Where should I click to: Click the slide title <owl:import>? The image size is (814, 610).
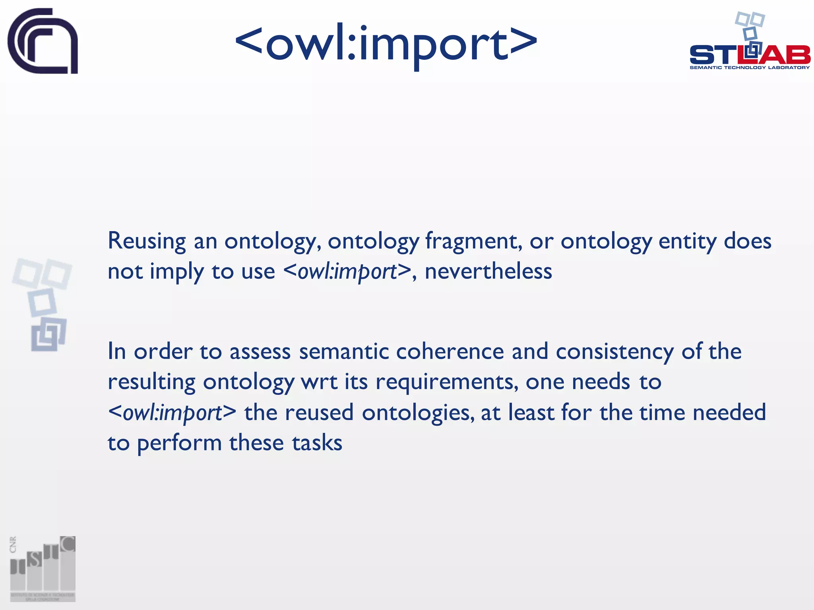point(386,44)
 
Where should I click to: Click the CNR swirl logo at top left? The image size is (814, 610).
point(43,41)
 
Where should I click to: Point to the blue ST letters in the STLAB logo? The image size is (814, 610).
point(713,55)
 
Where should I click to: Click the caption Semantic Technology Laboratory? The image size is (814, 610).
point(750,68)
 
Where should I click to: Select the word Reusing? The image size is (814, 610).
point(147,241)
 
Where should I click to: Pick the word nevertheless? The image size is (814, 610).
point(488,272)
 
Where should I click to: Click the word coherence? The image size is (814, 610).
point(450,351)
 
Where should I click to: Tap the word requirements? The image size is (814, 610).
point(447,382)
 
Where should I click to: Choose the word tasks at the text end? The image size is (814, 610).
point(317,443)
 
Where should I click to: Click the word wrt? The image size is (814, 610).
point(319,382)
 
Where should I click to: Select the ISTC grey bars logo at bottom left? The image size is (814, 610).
point(43,568)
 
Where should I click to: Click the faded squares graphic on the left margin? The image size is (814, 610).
point(43,304)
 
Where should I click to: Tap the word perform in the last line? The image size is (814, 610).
point(179,443)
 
